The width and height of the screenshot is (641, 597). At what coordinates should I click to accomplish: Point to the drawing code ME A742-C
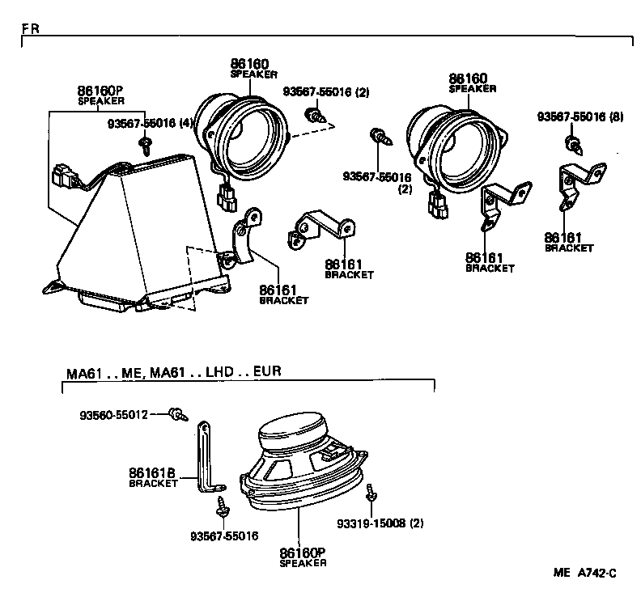click(x=584, y=573)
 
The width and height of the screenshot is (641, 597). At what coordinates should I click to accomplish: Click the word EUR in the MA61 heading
click(x=266, y=373)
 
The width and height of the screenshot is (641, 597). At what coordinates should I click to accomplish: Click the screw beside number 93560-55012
click(x=177, y=414)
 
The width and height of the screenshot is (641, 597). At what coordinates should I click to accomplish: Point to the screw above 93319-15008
click(x=370, y=493)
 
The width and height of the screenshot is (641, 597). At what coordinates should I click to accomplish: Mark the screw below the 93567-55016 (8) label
click(x=574, y=146)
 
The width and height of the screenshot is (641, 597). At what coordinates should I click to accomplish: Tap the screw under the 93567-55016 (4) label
click(x=146, y=146)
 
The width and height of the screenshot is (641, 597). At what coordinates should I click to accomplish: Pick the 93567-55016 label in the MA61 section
click(x=224, y=536)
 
